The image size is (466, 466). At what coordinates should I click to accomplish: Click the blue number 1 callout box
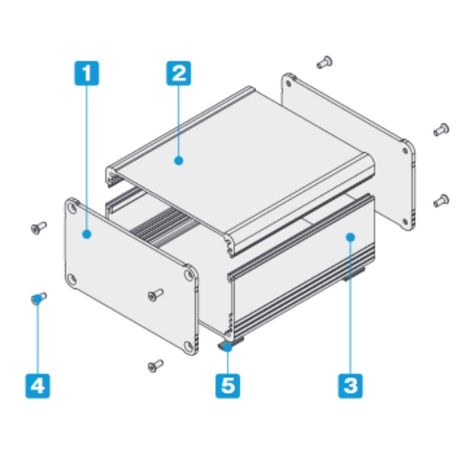pos(86,73)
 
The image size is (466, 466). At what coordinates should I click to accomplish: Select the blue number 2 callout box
pos(179,73)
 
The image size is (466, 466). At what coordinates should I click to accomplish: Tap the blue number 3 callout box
pos(350,386)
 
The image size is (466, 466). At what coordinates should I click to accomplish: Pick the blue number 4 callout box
pos(38,386)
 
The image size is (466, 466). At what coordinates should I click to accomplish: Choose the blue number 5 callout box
pos(228,386)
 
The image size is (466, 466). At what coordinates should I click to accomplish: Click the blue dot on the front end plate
pos(87,235)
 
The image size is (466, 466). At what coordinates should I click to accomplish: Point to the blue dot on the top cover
pos(179,161)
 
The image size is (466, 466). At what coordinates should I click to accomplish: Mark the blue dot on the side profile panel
pos(351,237)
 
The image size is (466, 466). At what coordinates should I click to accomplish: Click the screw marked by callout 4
pos(39,298)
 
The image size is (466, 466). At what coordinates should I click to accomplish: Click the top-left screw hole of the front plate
pos(71,207)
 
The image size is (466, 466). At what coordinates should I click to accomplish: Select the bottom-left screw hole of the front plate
pos(71,280)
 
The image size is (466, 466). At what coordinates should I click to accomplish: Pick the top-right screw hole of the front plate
pos(189,273)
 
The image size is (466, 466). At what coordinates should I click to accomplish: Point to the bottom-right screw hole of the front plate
pos(189,346)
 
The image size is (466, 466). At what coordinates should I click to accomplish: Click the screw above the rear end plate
pos(325,62)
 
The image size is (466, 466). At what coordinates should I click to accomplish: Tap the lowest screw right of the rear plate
pos(441,200)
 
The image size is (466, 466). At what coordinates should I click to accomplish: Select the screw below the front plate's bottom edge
pos(155,366)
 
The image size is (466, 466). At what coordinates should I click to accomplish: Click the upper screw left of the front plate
pos(39,228)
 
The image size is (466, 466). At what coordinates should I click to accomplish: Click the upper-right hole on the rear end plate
pos(405,151)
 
